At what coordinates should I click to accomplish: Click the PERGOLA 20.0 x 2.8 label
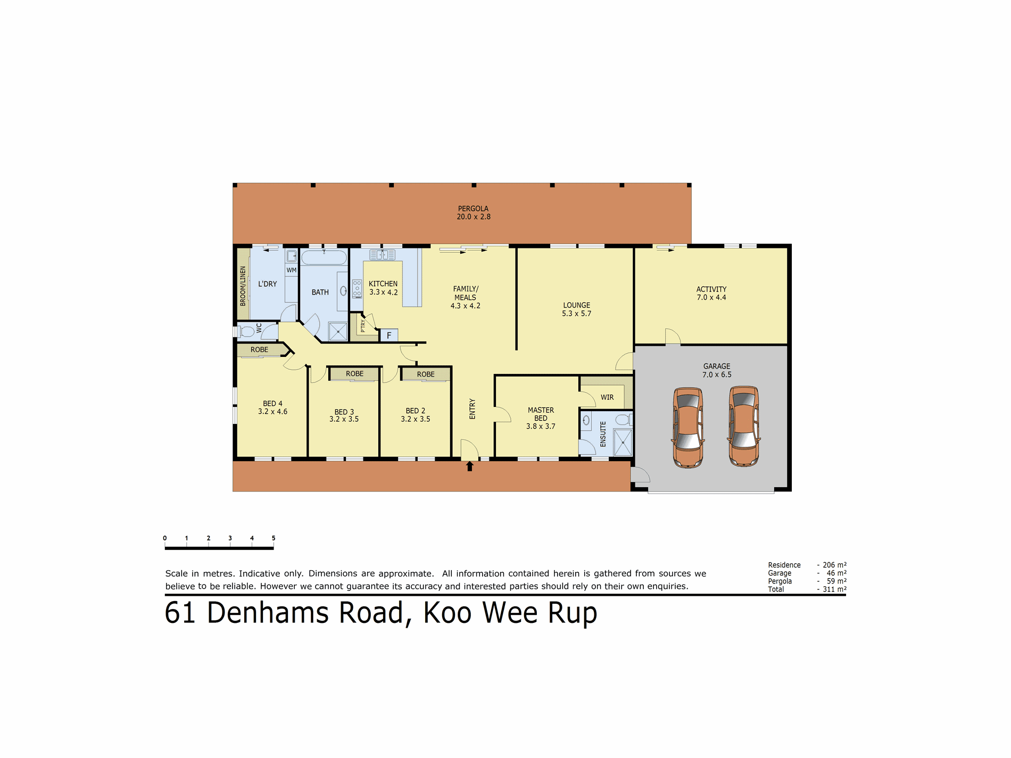point(473,213)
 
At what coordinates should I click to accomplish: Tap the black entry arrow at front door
point(469,467)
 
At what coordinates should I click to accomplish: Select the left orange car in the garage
point(688,428)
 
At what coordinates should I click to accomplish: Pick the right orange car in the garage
point(744,427)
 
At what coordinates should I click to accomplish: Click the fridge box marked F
point(389,336)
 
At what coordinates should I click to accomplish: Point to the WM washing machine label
point(291,270)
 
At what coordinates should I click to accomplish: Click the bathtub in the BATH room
point(324,258)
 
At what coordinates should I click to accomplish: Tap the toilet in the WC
point(247,332)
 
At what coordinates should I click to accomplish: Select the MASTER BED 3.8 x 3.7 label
point(541,418)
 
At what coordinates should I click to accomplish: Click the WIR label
point(607,397)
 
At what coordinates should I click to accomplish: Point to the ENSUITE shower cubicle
point(622,442)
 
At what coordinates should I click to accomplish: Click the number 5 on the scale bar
point(274,538)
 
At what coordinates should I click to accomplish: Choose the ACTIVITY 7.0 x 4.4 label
point(711,293)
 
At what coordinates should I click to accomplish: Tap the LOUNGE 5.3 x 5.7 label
point(577,309)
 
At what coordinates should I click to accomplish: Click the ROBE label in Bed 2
point(426,374)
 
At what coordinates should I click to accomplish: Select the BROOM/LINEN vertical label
point(243,286)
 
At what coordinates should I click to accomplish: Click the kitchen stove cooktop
point(357,289)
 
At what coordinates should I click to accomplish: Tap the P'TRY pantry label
point(363,324)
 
